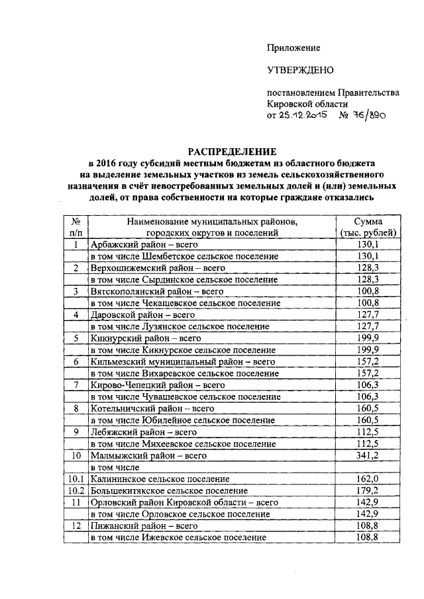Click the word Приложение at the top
point(293,48)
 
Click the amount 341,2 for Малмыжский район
point(367,455)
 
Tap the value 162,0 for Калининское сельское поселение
point(367,479)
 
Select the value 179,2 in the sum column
point(367,490)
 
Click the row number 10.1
point(76,479)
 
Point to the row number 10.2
point(76,490)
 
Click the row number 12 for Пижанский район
point(76,526)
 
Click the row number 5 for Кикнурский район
point(76,338)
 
